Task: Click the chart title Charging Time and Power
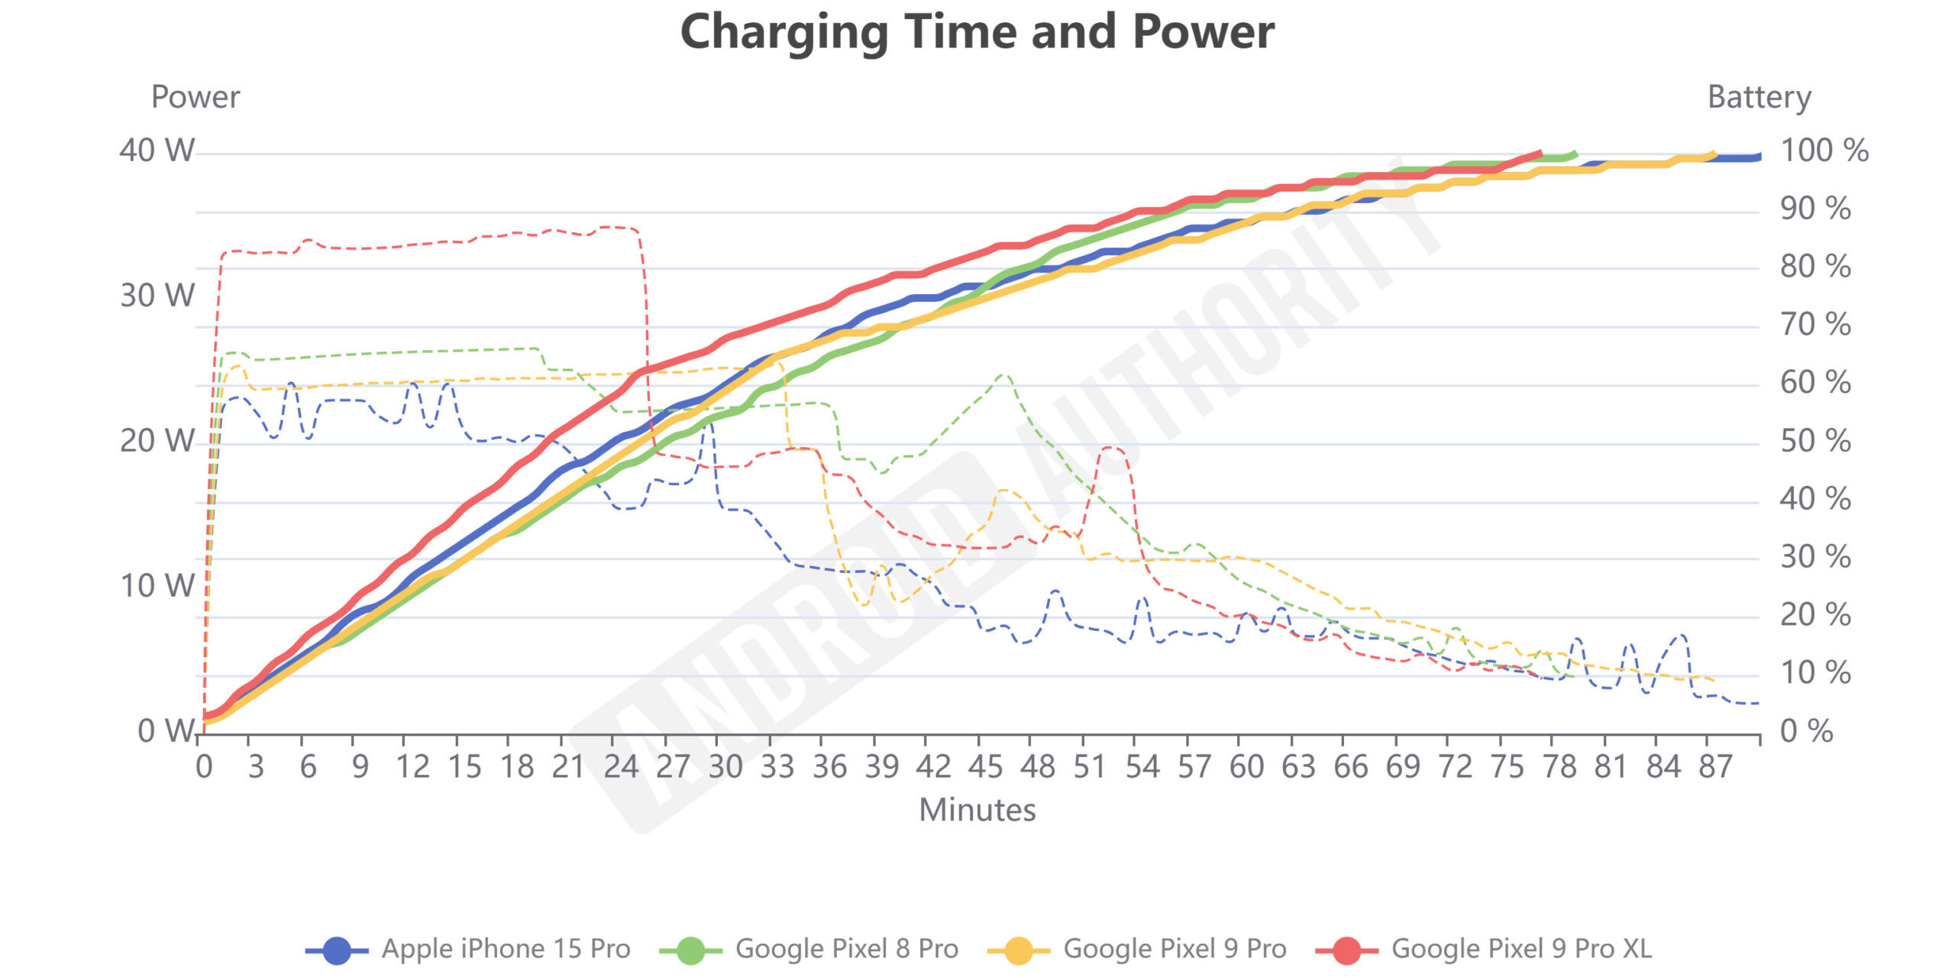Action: point(977,32)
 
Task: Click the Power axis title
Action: point(195,97)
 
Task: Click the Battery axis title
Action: point(1759,97)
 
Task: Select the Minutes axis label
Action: point(977,810)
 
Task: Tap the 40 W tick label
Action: point(157,151)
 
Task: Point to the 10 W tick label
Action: point(157,586)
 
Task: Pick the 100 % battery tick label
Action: point(1824,151)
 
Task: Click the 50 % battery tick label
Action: point(1814,441)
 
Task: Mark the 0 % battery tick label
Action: point(1805,731)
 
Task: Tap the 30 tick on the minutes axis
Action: point(725,766)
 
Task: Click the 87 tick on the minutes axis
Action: point(1714,766)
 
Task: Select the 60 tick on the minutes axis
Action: point(1246,766)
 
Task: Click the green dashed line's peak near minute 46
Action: point(1003,375)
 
